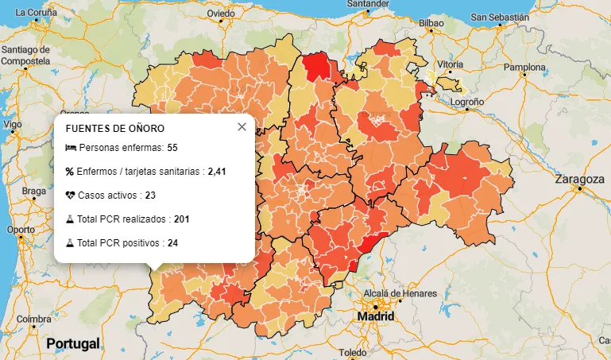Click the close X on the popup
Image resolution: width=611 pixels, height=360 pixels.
tap(242, 127)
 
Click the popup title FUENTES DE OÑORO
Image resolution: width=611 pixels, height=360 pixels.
tap(114, 128)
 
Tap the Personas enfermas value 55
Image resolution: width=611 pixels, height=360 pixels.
tap(172, 148)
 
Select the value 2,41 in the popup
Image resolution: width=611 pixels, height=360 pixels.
tap(218, 171)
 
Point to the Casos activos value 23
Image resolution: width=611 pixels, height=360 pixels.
tap(150, 195)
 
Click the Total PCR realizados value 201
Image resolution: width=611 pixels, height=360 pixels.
tap(182, 219)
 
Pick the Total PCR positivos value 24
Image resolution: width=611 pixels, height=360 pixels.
tap(172, 242)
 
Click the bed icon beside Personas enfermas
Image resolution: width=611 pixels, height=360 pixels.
tap(70, 148)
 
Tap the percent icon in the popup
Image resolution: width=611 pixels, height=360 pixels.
tap(69, 171)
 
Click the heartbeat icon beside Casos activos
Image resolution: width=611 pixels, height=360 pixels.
tap(70, 195)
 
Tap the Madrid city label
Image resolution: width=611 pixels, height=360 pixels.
tap(376, 315)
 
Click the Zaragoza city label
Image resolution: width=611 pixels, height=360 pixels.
tap(580, 179)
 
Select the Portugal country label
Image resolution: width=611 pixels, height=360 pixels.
tap(73, 343)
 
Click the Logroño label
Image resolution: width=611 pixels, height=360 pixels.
tap(467, 103)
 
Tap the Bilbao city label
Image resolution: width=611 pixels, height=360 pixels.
tap(431, 24)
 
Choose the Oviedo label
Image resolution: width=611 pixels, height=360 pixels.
tap(220, 14)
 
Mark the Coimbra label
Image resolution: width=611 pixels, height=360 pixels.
tap(33, 319)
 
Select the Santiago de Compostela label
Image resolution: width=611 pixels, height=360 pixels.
tap(26, 55)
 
